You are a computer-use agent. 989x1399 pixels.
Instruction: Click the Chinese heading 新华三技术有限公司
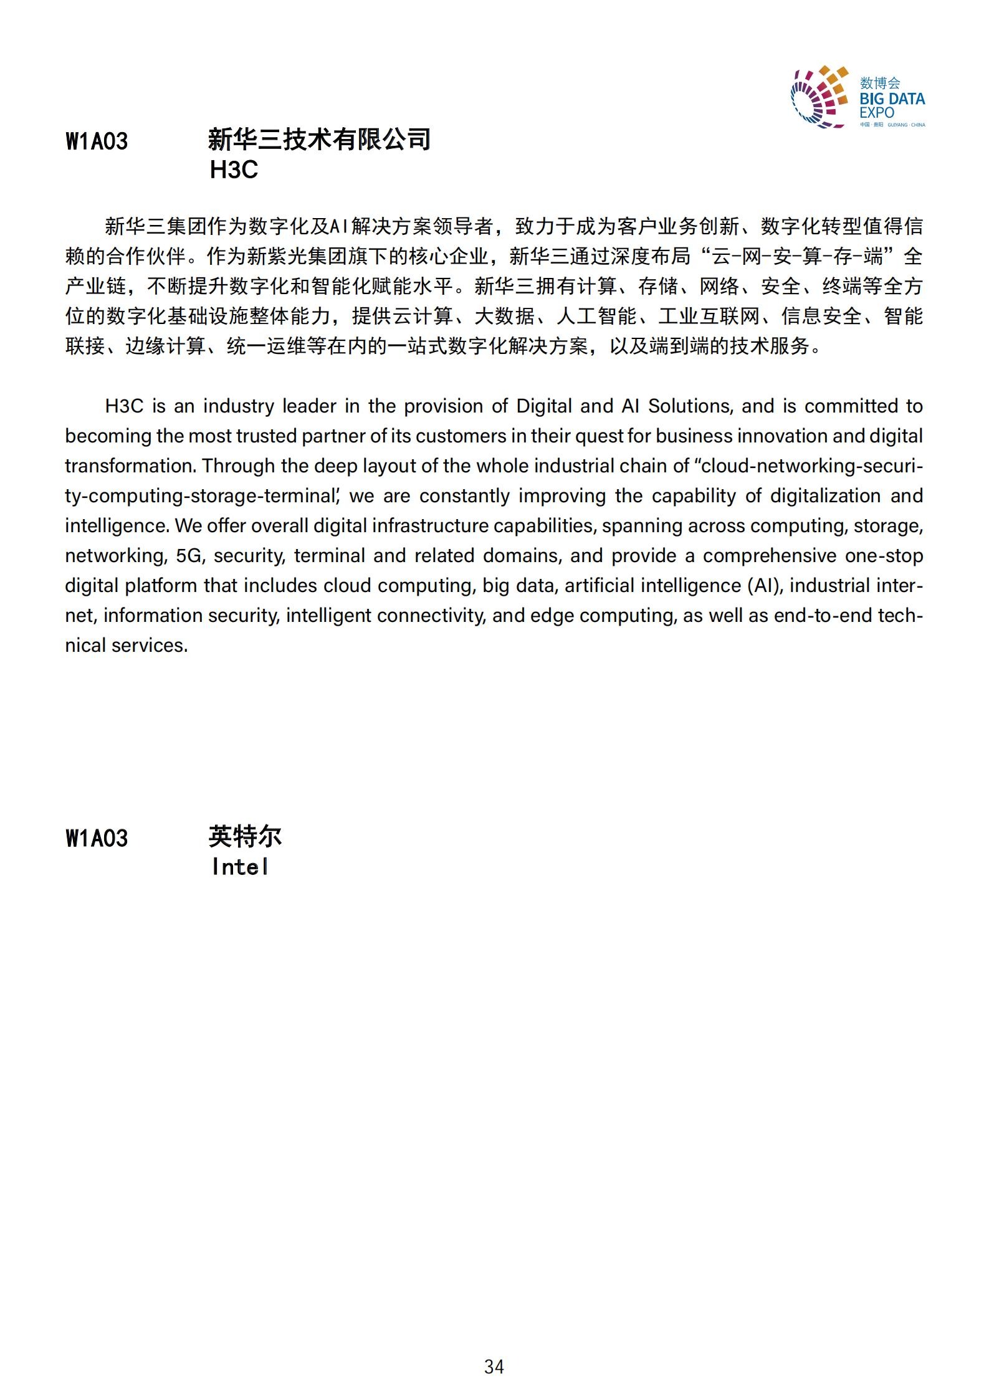[x=318, y=140]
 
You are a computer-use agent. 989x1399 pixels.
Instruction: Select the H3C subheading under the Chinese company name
[x=234, y=170]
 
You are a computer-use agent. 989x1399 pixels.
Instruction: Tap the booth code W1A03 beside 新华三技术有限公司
[x=97, y=141]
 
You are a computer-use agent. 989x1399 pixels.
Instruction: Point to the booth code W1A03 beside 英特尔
[x=97, y=839]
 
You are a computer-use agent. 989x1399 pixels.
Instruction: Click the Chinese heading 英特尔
[x=245, y=837]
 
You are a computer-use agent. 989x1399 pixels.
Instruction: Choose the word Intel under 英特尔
[x=240, y=867]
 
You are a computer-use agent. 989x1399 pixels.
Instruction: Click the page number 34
[x=494, y=1367]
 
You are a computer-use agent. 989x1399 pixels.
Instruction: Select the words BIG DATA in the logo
[x=892, y=98]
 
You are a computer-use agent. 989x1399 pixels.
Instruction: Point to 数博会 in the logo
[x=880, y=83]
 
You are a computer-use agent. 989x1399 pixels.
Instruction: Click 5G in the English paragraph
[x=190, y=556]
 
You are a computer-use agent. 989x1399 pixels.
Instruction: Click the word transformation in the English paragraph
[x=130, y=466]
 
